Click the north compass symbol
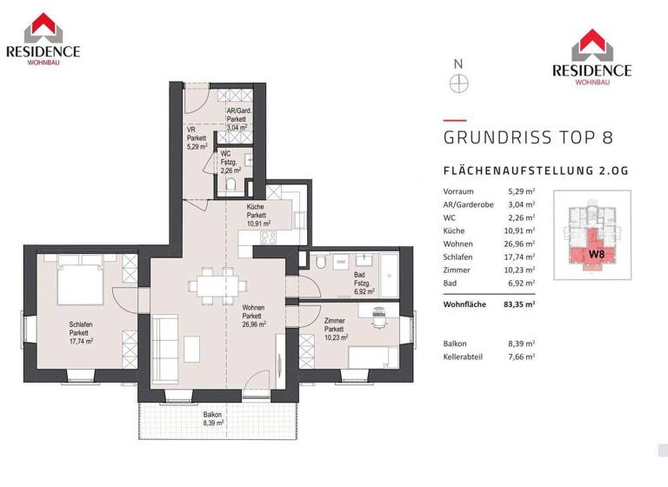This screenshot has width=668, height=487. click(458, 83)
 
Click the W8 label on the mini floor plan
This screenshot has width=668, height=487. click(597, 254)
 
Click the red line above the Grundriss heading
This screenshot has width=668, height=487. click(455, 121)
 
